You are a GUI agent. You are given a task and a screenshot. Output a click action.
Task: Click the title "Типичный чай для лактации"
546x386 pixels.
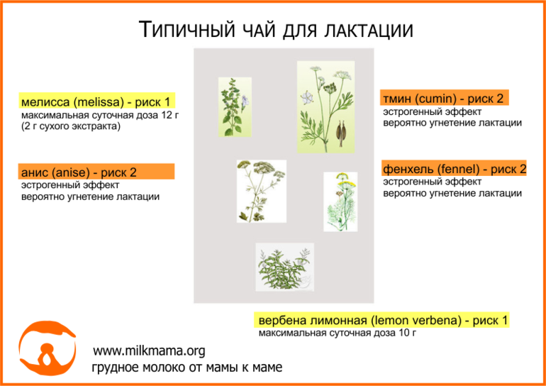point(276,29)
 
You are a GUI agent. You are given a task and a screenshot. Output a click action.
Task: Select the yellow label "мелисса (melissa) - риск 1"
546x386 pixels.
point(97,102)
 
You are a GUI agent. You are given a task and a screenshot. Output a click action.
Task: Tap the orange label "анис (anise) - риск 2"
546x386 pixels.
point(96,172)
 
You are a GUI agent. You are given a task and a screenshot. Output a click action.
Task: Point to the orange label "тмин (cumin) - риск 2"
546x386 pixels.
point(445,99)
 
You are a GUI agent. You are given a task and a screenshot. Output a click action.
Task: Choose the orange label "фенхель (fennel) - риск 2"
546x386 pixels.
point(454,170)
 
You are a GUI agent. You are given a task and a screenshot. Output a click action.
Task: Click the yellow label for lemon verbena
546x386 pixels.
point(381,320)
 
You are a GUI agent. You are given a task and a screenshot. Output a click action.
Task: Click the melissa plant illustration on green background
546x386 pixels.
point(235,107)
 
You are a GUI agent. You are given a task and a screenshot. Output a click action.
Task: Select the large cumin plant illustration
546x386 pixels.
point(325,107)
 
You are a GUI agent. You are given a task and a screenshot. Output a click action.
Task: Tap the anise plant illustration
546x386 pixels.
point(262,192)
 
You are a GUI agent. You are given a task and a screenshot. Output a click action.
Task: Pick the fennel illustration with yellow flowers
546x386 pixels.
point(340,202)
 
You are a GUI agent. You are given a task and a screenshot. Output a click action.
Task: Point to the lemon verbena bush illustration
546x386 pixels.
point(285,267)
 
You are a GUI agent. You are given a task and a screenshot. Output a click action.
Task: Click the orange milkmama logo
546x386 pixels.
point(47,349)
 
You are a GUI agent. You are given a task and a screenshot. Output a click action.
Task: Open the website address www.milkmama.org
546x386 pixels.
point(149,351)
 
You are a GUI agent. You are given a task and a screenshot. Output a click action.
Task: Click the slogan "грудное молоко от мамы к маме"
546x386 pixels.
point(187,368)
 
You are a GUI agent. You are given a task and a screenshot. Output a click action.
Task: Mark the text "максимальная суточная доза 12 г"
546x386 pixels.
point(100,116)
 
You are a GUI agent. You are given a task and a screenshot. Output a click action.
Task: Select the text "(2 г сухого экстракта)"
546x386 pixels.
point(71,127)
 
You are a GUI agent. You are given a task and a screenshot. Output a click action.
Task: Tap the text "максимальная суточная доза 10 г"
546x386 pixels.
point(338,333)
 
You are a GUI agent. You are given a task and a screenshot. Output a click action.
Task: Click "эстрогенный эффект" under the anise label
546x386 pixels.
point(70,185)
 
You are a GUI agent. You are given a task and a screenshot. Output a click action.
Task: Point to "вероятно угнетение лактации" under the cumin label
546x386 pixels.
point(452,123)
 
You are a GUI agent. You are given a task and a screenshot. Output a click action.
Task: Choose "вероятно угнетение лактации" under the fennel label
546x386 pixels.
point(452,193)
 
